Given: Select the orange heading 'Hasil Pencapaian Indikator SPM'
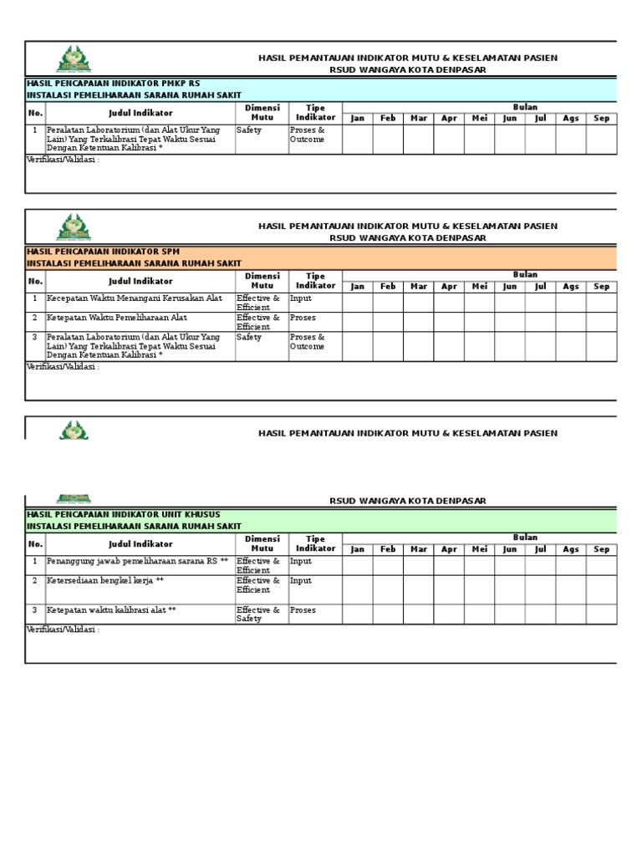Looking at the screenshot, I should [103, 252].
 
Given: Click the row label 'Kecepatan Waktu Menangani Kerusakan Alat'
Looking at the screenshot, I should [134, 298].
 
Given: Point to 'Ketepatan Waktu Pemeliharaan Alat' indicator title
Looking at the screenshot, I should [117, 318].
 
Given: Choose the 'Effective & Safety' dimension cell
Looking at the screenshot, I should [258, 614].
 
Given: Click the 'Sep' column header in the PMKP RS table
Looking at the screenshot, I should [601, 119].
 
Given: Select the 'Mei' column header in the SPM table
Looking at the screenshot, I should [479, 287].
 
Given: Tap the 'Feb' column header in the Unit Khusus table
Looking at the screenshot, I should [388, 550].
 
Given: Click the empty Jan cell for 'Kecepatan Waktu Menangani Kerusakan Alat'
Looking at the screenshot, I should [358, 303].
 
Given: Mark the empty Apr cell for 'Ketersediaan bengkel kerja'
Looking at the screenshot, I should [449, 589].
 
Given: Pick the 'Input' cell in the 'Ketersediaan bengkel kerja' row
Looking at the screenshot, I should [301, 580].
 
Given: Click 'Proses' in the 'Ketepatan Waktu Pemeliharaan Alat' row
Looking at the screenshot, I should [303, 318].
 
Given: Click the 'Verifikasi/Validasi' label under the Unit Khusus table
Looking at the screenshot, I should [63, 629].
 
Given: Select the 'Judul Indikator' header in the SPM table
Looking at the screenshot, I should [140, 282].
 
